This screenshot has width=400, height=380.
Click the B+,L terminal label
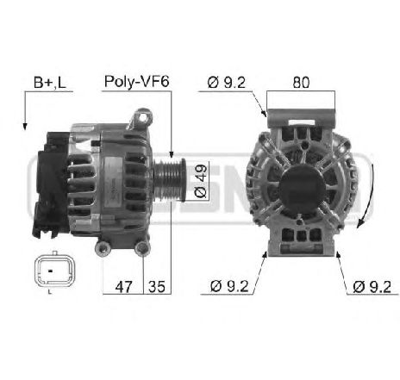50,83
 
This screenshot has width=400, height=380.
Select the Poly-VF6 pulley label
136,82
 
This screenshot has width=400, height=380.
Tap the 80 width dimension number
301,83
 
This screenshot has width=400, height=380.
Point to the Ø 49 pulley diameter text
201,181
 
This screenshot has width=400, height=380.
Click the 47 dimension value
124,287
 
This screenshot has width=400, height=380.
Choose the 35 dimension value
157,287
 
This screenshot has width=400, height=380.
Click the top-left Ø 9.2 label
227,83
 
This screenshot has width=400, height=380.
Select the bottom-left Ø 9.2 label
229,286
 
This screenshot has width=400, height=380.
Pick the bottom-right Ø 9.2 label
372,287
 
